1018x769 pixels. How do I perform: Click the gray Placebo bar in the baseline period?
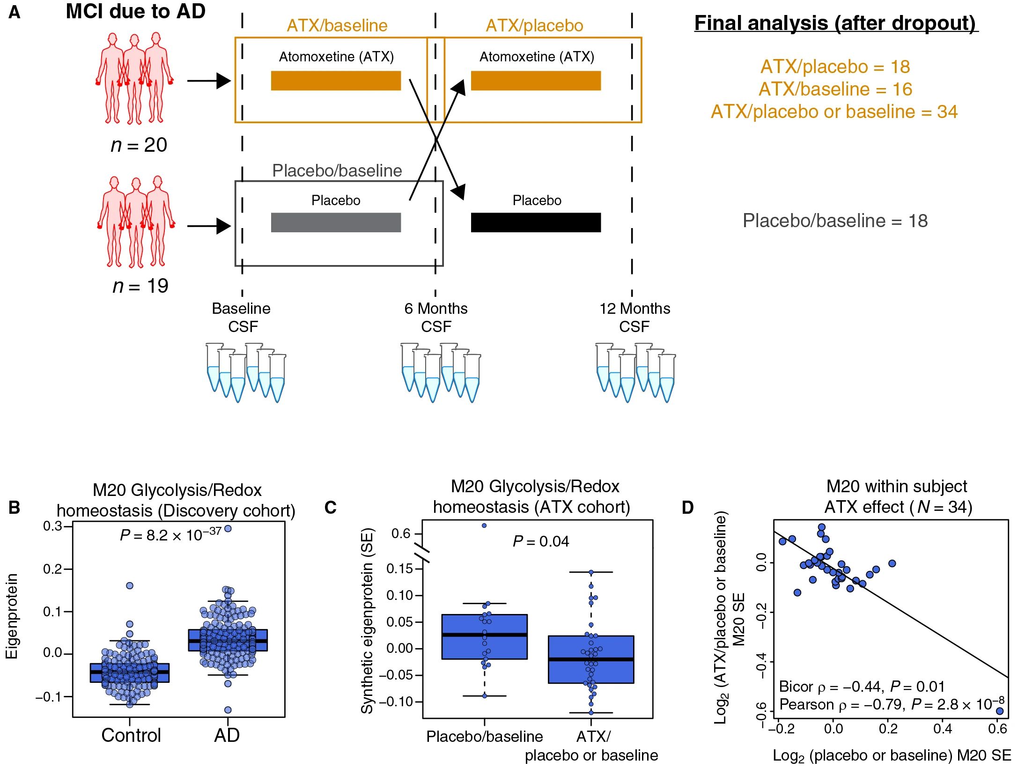pos(336,222)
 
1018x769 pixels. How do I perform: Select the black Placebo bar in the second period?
pos(536,222)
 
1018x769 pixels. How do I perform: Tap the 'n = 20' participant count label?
pos(139,145)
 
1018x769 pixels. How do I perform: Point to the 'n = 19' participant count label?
pos(140,286)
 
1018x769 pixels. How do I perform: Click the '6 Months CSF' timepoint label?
pos(436,317)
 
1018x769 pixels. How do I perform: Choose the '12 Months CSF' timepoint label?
pos(634,317)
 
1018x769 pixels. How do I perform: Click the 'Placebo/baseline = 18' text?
pos(835,221)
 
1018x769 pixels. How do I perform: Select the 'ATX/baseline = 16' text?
pos(835,89)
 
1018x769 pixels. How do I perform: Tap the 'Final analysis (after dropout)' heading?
pos(836,23)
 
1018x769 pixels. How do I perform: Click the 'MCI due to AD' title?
pos(136,12)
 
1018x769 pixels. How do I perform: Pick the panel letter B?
pos(14,508)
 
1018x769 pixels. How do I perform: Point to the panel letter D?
pos(687,508)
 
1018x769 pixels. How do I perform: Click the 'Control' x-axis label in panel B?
pos(131,735)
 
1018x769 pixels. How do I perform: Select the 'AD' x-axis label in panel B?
pos(227,735)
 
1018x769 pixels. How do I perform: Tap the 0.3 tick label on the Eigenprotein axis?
pos(52,526)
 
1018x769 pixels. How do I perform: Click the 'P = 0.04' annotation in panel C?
pos(541,541)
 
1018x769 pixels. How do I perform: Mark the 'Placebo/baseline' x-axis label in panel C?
pos(484,737)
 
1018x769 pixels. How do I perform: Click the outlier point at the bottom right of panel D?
pos(1000,711)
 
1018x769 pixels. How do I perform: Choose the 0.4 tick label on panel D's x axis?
pos(943,729)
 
